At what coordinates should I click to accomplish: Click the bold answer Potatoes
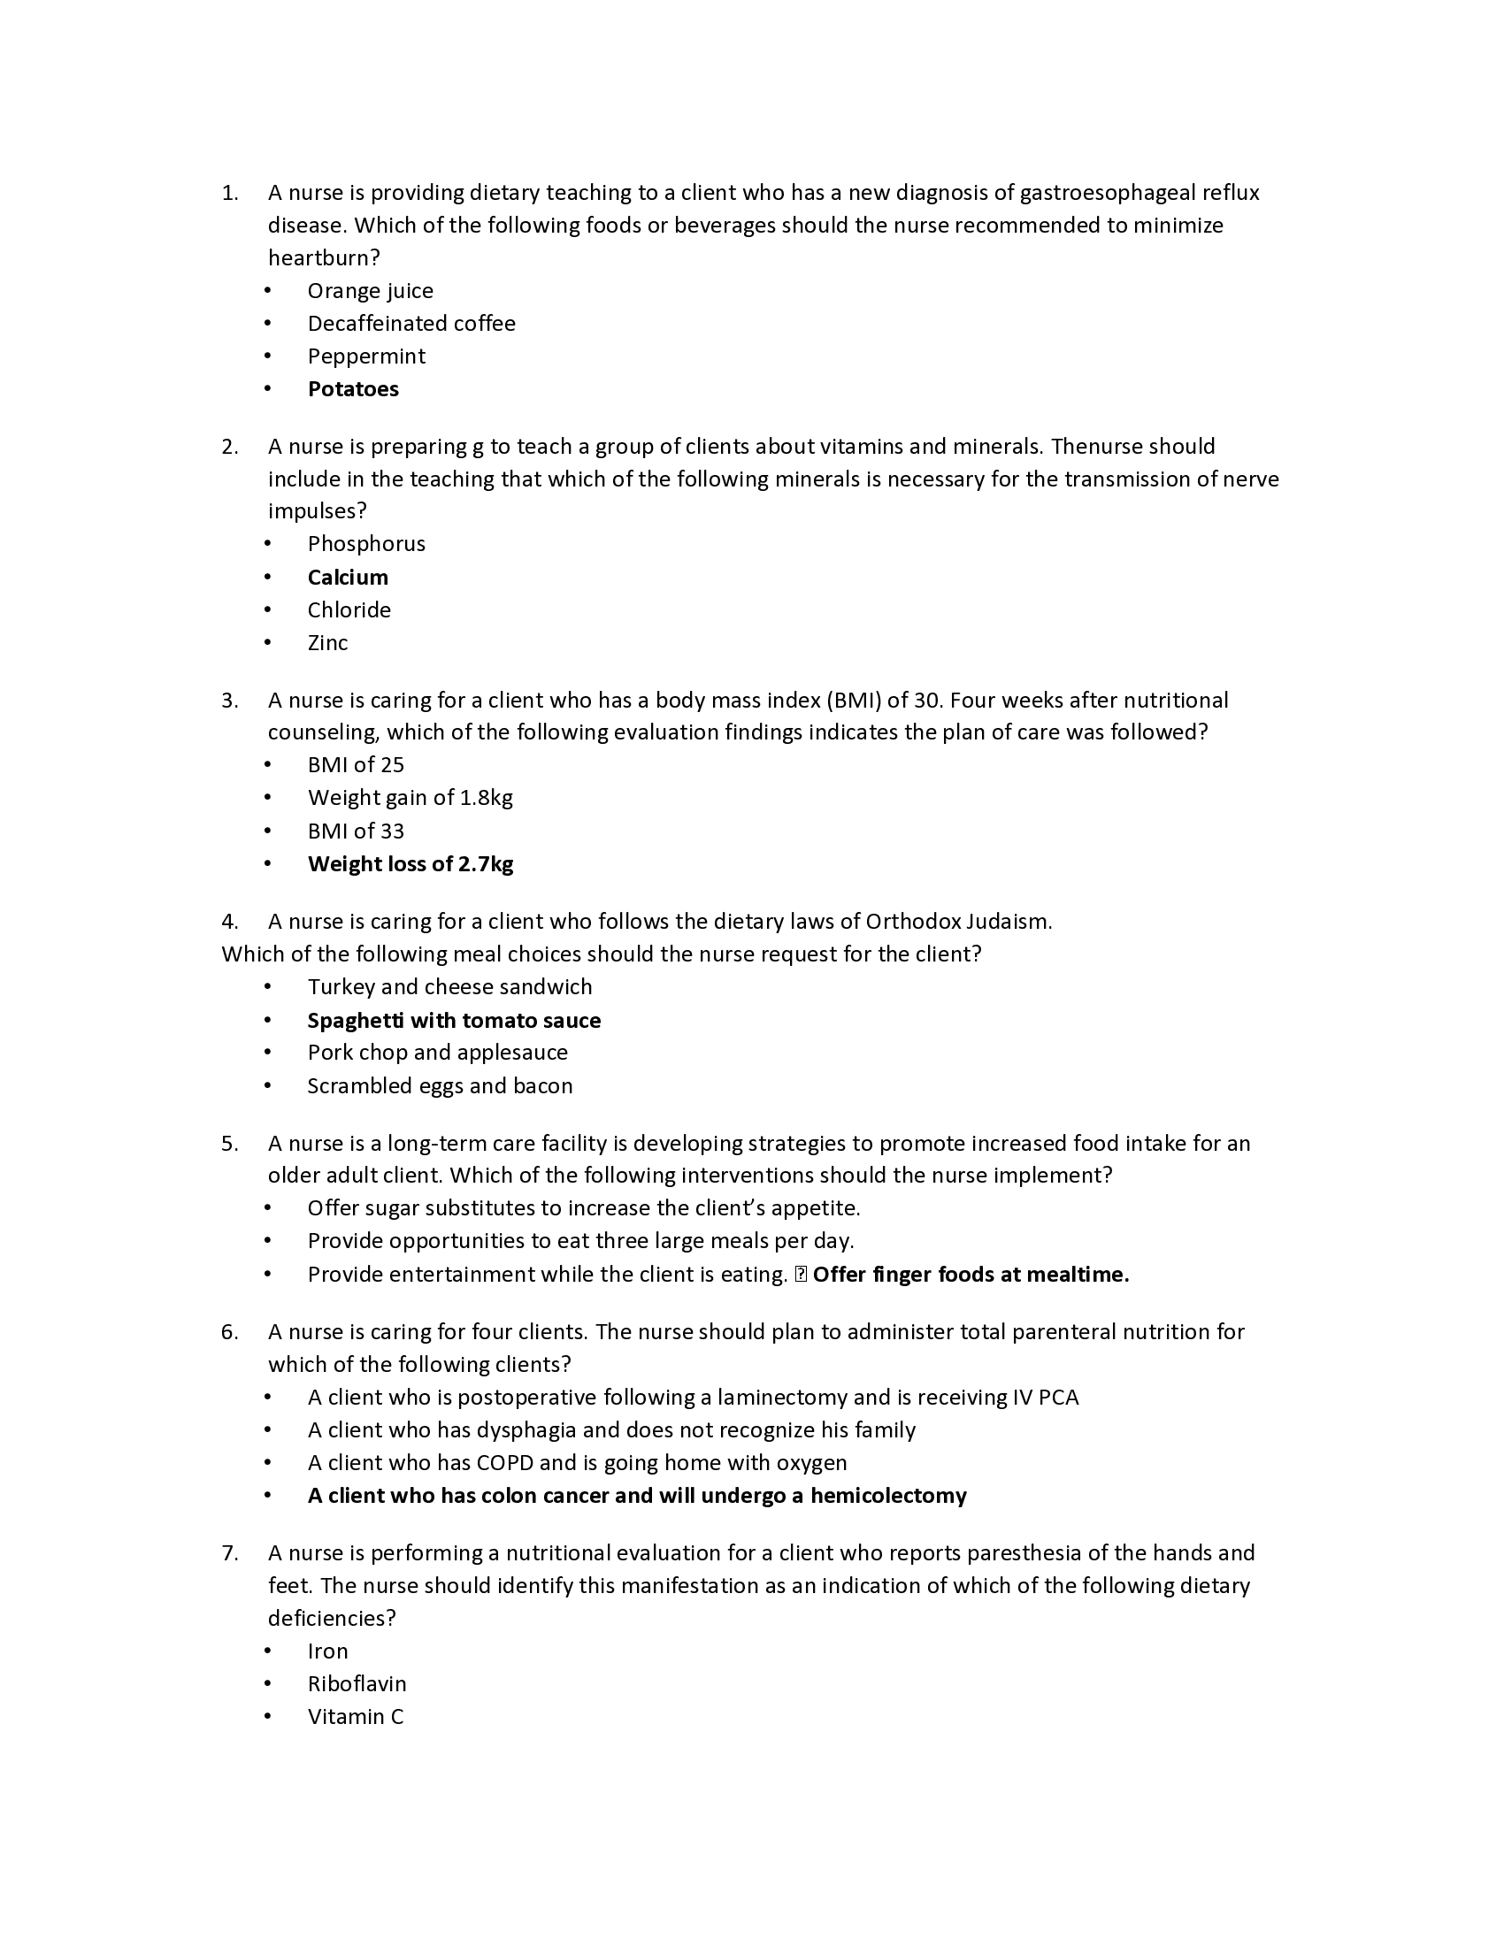(353, 389)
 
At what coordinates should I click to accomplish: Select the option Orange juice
(370, 291)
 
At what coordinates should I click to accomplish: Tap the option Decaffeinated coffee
(411, 324)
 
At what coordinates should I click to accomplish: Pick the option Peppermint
(366, 356)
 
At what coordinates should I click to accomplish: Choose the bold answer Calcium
(348, 578)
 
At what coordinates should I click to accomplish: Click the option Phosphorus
(366, 544)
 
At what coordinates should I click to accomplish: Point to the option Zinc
(327, 643)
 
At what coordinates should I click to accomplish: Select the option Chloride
(349, 610)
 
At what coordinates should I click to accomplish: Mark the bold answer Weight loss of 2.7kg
(410, 864)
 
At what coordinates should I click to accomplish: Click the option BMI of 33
(356, 831)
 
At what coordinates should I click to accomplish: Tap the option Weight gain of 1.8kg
(410, 798)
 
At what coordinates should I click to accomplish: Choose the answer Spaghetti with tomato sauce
(454, 1021)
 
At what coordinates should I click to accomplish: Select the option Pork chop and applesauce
(437, 1053)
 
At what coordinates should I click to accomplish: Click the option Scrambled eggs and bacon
(440, 1086)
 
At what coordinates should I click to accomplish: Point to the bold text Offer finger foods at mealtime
(971, 1275)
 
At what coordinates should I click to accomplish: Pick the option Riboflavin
(357, 1684)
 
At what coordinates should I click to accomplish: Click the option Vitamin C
(356, 1717)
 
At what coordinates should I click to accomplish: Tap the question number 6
(230, 1332)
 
